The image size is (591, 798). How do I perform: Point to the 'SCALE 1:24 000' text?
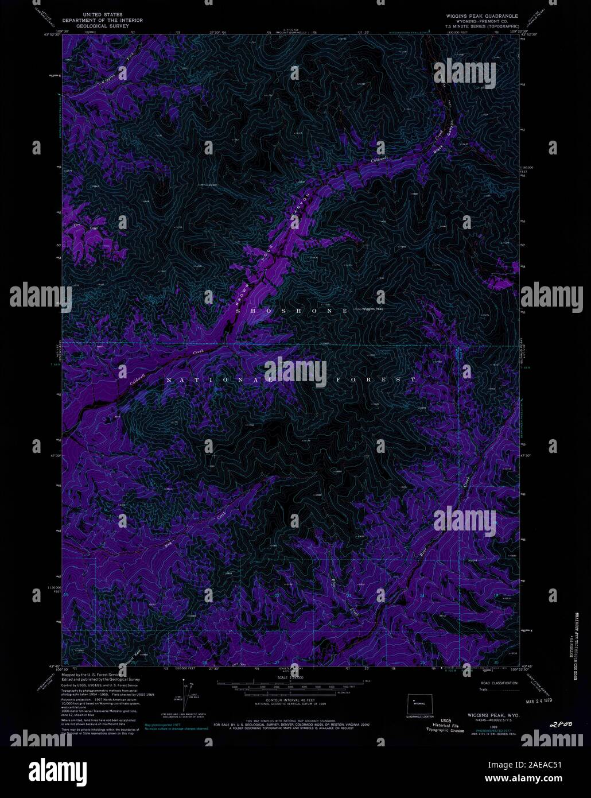(289, 678)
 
